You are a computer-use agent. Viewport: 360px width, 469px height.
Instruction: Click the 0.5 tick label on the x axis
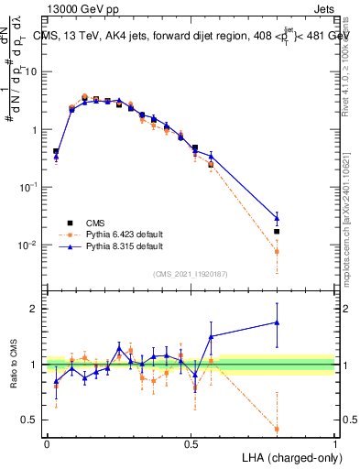point(191,442)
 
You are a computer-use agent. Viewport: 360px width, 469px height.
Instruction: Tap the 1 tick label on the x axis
point(334,442)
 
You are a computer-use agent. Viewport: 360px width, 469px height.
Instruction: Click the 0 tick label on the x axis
point(47,442)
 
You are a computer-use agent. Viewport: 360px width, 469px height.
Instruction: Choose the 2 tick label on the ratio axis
point(38,309)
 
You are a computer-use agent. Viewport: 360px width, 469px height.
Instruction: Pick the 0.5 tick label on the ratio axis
point(33,420)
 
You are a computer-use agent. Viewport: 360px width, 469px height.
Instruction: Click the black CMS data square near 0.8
point(277,232)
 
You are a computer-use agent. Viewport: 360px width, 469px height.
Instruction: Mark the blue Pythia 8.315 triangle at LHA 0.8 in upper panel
point(277,218)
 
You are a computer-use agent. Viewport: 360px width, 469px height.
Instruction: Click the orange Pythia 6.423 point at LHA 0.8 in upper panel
point(277,251)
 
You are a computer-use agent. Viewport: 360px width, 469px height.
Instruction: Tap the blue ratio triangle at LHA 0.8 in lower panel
point(277,322)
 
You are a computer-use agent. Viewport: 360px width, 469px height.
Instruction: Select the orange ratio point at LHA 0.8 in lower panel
point(277,429)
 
